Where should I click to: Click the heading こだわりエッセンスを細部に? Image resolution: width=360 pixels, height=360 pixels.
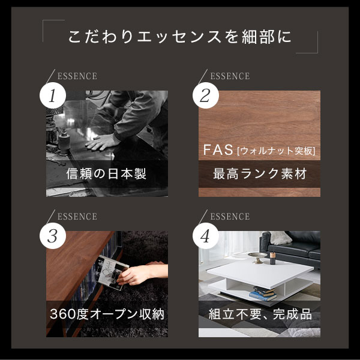pos(180,37)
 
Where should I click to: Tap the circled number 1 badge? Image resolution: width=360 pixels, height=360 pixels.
pos(53,95)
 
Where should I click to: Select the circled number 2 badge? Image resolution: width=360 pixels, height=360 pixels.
pos(205,95)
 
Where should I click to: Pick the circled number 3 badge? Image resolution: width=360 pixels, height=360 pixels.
pos(53,236)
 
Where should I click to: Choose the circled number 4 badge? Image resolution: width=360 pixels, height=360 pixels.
pos(205,236)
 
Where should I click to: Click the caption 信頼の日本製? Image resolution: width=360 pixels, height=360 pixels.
pos(106,173)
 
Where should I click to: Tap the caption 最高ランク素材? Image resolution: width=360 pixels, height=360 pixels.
pos(260,173)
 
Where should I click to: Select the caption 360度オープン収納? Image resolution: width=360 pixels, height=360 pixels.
pos(107,314)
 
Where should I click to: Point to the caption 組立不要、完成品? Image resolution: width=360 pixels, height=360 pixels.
pos(260,314)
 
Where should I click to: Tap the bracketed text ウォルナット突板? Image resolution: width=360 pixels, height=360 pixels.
pos(277,151)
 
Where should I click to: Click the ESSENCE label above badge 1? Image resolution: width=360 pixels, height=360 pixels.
pos(77,76)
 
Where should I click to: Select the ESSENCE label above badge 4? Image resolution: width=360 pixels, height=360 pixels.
pos(230,217)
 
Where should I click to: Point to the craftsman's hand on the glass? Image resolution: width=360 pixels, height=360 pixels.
pos(101,142)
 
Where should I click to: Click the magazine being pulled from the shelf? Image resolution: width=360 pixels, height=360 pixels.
pos(112,272)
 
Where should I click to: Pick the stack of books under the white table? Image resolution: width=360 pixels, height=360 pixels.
pos(263,293)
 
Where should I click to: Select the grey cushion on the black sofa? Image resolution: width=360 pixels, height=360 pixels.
pos(280,238)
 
